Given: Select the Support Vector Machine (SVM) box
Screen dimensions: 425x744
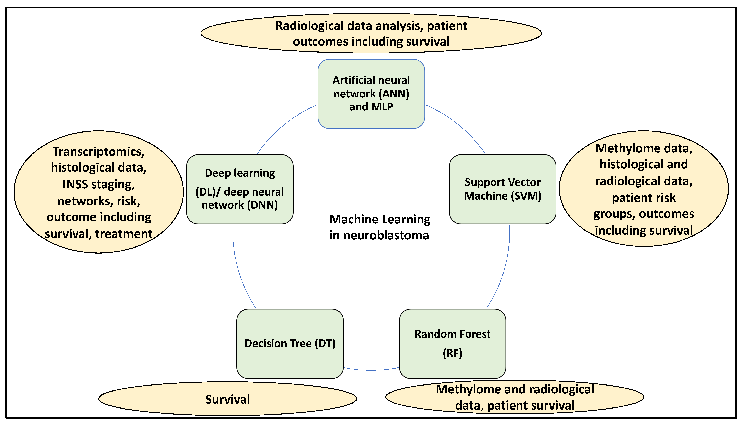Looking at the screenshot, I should click(502, 189).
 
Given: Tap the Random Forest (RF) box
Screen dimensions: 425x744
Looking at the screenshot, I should click(452, 344).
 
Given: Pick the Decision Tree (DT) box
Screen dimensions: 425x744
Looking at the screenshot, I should click(290, 344).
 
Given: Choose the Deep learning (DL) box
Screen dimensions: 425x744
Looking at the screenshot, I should click(240, 189).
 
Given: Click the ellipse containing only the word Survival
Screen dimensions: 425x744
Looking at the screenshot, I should click(227, 399).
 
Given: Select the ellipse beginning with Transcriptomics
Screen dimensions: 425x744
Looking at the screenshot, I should click(99, 192).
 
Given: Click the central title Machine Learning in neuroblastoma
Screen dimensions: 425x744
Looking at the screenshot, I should click(379, 227).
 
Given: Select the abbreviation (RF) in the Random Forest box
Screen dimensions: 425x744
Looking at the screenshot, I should click(452, 353).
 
